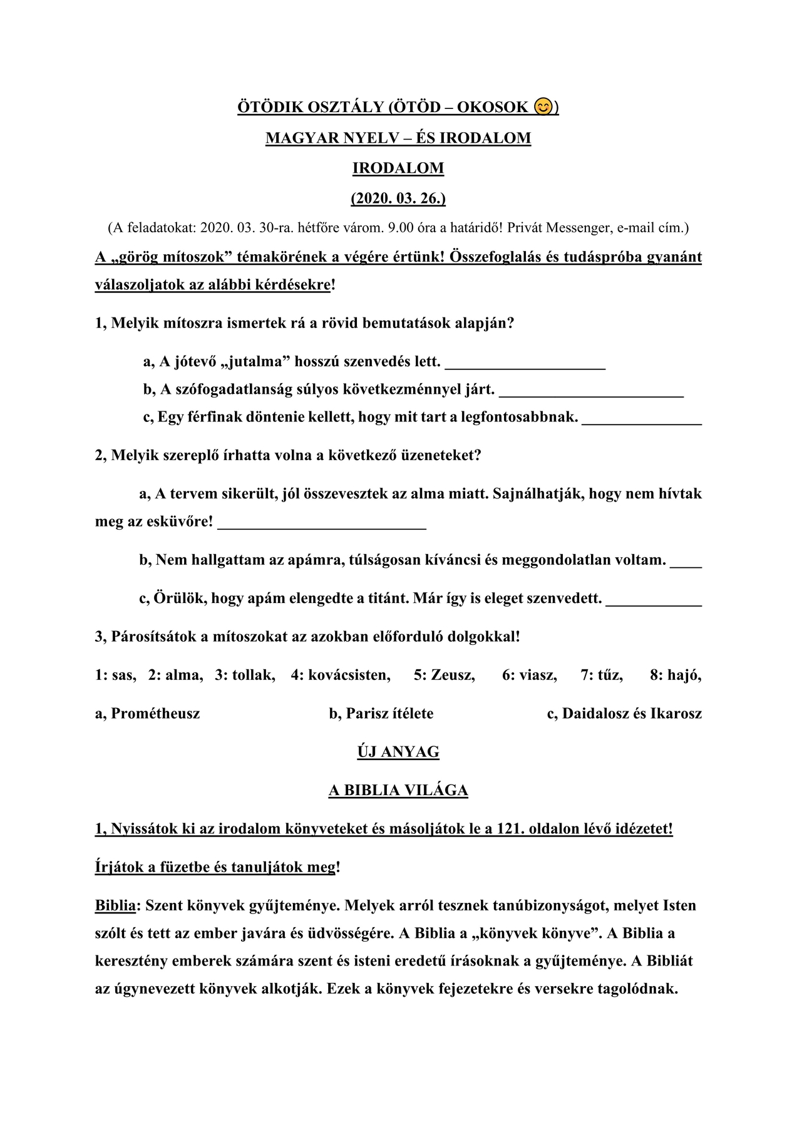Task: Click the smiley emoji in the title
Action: [543, 107]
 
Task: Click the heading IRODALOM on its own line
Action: [398, 168]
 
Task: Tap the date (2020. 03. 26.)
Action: [398, 198]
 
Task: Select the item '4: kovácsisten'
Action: [340, 675]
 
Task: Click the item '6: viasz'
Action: [529, 675]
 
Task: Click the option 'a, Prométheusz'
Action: [148, 713]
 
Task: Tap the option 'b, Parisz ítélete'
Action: [381, 713]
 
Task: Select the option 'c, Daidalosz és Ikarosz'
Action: [624, 713]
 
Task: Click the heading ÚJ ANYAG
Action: [398, 751]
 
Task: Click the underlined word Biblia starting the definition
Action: [115, 905]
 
